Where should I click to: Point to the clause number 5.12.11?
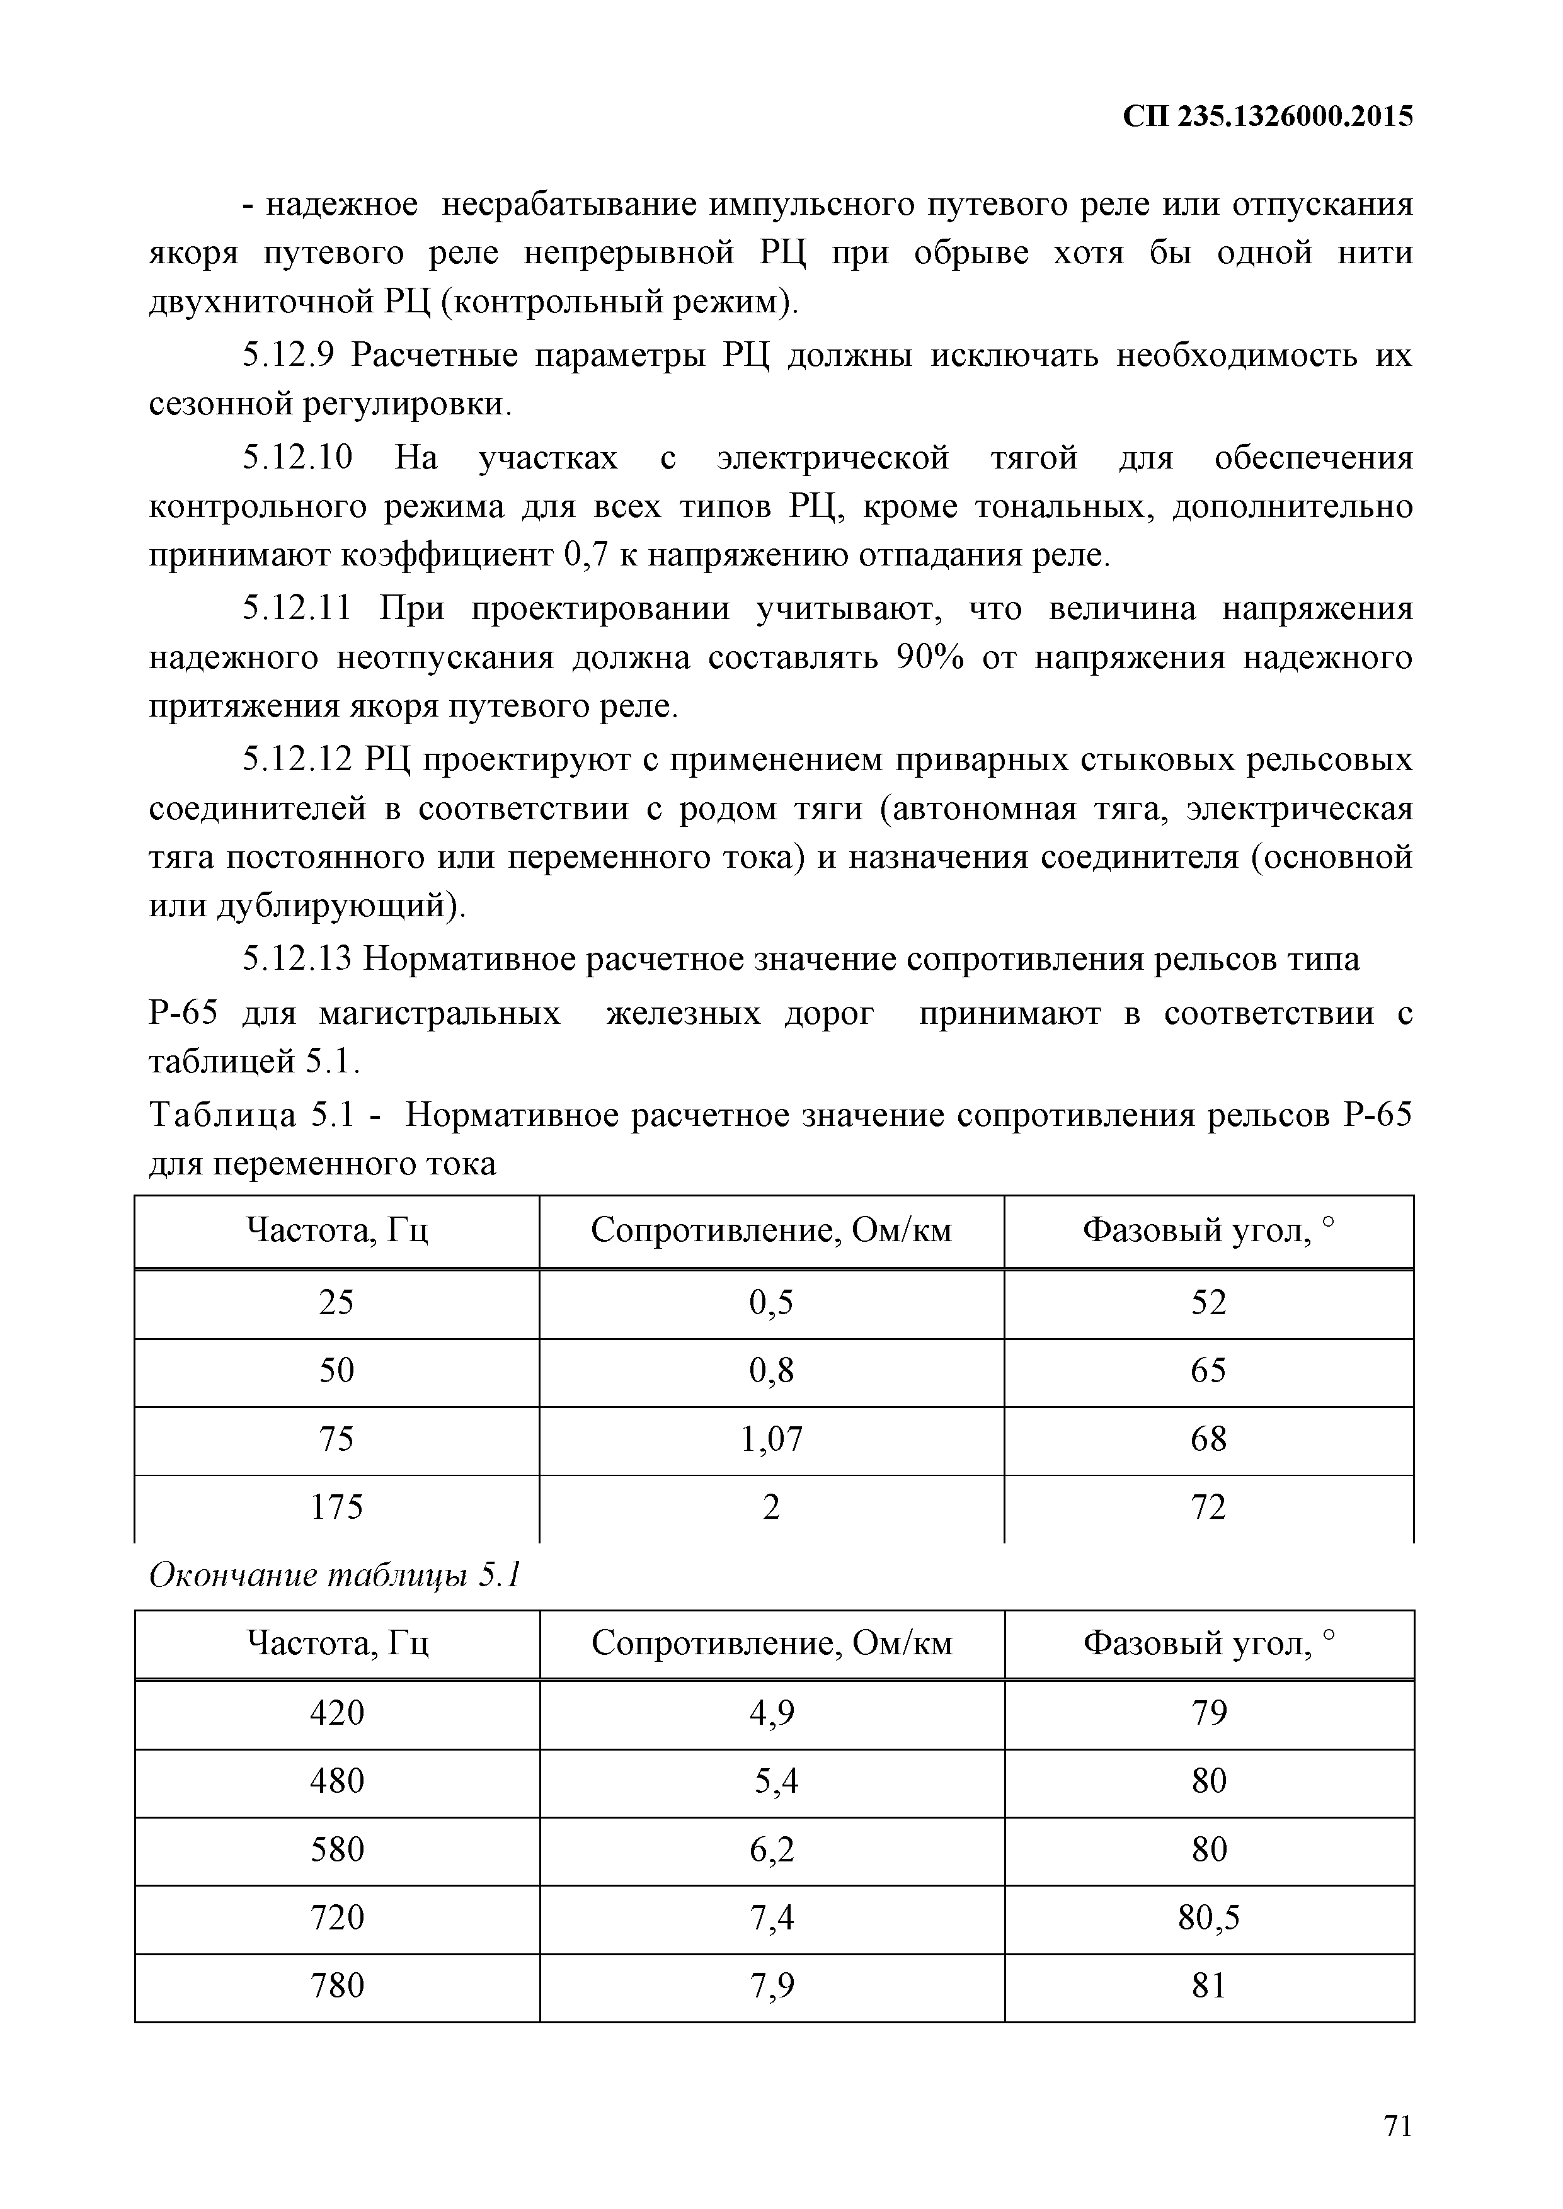(297, 609)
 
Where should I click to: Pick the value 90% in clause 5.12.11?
(930, 659)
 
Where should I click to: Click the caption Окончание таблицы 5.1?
(335, 1577)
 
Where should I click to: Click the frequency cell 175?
(336, 1507)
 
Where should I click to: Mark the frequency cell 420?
(337, 1713)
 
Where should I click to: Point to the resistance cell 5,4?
(775, 1782)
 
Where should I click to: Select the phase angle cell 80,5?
(1209, 1919)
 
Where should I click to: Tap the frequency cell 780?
(337, 1986)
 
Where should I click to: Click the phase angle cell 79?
(1209, 1713)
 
